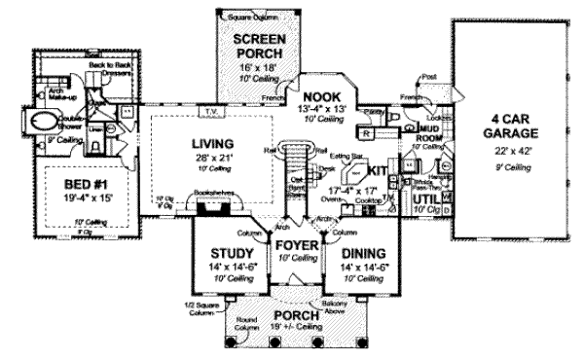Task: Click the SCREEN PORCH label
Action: pyautogui.click(x=257, y=46)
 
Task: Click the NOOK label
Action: pyautogui.click(x=320, y=95)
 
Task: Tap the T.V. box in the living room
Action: pyautogui.click(x=210, y=110)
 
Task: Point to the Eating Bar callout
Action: pyautogui.click(x=341, y=156)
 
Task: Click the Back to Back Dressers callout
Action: pyautogui.click(x=109, y=68)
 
